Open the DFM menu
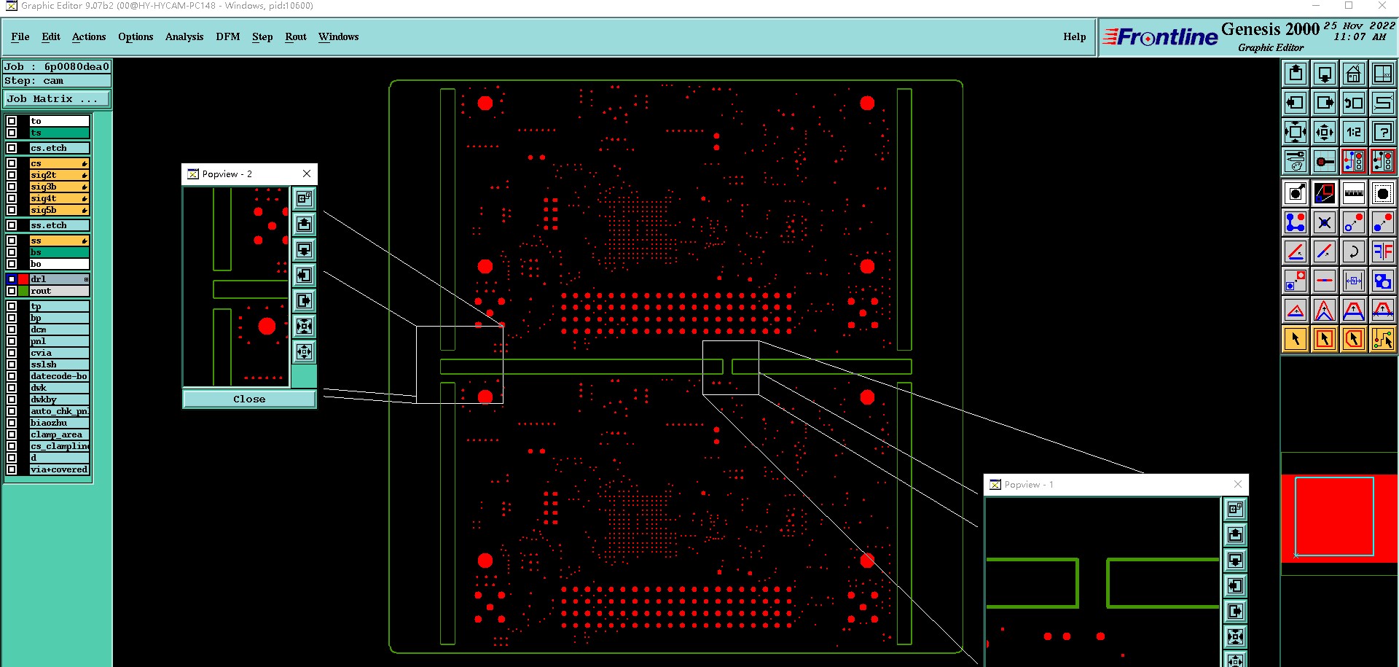pyautogui.click(x=227, y=36)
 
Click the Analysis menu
pyautogui.click(x=184, y=36)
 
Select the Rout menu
pyautogui.click(x=295, y=36)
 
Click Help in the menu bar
pyautogui.click(x=1074, y=36)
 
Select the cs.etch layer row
pyautogui.click(x=58, y=148)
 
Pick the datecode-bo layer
pyautogui.click(x=58, y=376)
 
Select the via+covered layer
pyautogui.click(x=58, y=469)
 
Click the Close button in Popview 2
pyautogui.click(x=249, y=399)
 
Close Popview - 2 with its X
pyautogui.click(x=307, y=173)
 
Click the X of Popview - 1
pyautogui.click(x=1237, y=484)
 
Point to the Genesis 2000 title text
pyautogui.click(x=1270, y=29)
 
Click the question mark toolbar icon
pyautogui.click(x=1382, y=132)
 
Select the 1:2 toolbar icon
pyautogui.click(x=1353, y=132)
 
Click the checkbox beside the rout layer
pyautogui.click(x=12, y=291)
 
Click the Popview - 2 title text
pyautogui.click(x=227, y=174)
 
